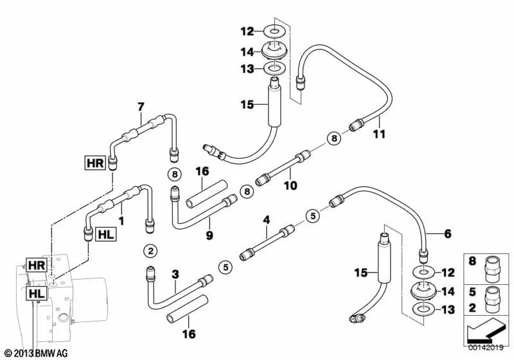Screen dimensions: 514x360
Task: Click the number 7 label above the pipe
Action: (x=141, y=107)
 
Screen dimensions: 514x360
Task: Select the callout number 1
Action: (x=121, y=221)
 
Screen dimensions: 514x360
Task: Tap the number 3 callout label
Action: (x=175, y=274)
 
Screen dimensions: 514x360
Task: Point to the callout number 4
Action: (x=267, y=220)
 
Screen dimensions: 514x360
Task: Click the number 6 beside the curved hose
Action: (x=447, y=234)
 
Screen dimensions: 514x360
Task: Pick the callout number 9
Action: (x=209, y=235)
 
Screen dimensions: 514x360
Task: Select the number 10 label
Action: (x=290, y=186)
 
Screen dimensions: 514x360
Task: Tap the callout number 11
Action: (x=379, y=134)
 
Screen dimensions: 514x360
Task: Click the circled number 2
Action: (x=150, y=251)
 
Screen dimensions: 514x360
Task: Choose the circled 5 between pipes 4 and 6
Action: (x=313, y=216)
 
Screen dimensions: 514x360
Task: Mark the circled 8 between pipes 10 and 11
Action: (x=334, y=138)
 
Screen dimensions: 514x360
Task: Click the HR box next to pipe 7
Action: (x=95, y=163)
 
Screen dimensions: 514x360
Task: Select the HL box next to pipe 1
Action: (x=106, y=235)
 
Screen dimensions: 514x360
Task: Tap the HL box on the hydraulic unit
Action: (x=37, y=293)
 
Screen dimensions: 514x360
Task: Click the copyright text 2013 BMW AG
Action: (x=37, y=353)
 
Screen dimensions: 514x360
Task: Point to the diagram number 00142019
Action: (x=486, y=348)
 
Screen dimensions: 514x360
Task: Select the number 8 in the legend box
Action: (x=472, y=261)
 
